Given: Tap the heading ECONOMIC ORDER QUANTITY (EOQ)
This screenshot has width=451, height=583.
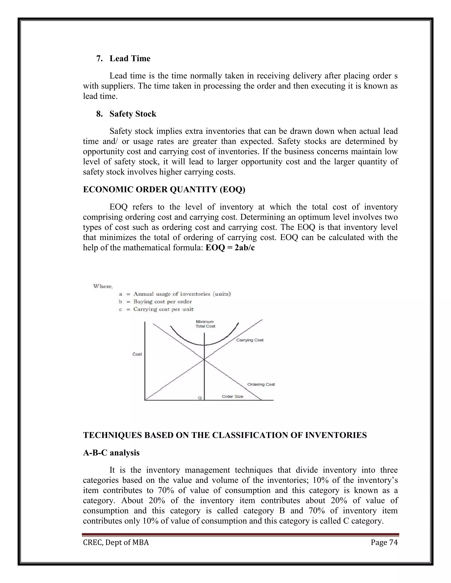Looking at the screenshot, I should [x=164, y=189].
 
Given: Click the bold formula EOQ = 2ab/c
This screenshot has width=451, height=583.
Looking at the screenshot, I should [x=230, y=248].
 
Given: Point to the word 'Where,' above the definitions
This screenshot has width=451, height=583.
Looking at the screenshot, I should [x=103, y=286].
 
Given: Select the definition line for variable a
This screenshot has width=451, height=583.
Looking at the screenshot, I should [x=175, y=294].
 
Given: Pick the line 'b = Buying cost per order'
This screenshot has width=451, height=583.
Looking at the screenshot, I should [x=155, y=302].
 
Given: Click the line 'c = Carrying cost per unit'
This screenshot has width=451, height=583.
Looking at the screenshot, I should [x=156, y=309].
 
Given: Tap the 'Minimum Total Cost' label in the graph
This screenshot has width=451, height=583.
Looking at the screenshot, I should [x=205, y=324].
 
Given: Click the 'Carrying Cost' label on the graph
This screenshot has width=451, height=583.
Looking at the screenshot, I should [x=250, y=340].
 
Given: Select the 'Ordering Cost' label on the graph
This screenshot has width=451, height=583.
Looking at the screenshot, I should [x=261, y=384].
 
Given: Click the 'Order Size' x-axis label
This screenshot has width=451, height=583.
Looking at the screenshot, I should [x=233, y=396].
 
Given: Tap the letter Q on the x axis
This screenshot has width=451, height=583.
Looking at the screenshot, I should [x=200, y=398].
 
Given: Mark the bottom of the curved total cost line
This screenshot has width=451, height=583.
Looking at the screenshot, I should [x=204, y=345].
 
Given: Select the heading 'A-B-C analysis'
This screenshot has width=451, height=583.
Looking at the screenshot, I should [x=111, y=453].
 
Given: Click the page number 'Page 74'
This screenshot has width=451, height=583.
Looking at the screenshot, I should [x=384, y=543].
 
